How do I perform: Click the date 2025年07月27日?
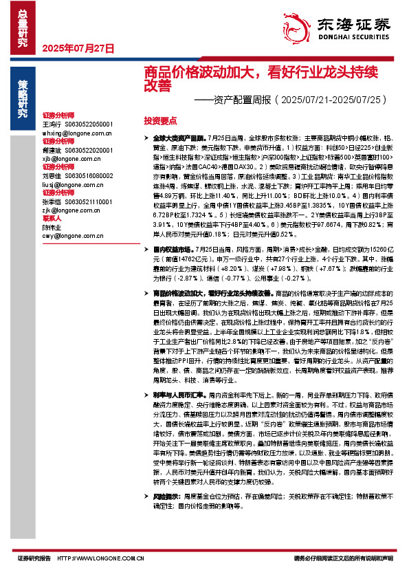[x=78, y=47]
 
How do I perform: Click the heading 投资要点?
[x=160, y=120]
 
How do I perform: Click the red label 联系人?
[x=52, y=219]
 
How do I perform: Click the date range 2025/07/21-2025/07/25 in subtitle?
[x=331, y=100]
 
